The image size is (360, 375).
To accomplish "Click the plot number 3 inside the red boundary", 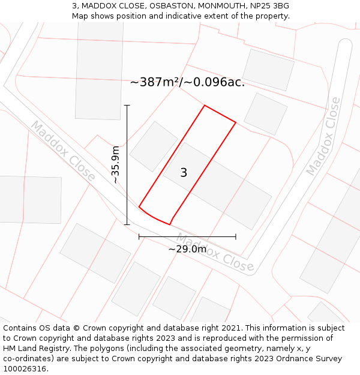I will [184, 173].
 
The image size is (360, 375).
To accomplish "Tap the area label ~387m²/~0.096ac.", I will [187, 82].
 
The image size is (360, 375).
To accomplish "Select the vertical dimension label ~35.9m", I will [116, 164].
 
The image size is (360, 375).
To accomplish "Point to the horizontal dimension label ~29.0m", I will [187, 249].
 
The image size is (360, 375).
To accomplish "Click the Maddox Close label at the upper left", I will [63, 151].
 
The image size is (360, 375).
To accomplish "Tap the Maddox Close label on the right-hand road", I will [323, 136].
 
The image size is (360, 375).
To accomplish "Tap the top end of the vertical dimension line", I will [127, 105].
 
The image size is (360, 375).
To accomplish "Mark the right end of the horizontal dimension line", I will [236, 237].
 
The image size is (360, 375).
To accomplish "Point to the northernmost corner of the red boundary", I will [205, 106].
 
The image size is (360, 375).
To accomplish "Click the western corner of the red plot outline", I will [139, 207].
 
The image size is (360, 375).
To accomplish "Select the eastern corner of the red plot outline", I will [236, 123].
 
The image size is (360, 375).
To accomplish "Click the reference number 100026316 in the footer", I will [23, 369].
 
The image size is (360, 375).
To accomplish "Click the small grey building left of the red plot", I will [154, 146].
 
